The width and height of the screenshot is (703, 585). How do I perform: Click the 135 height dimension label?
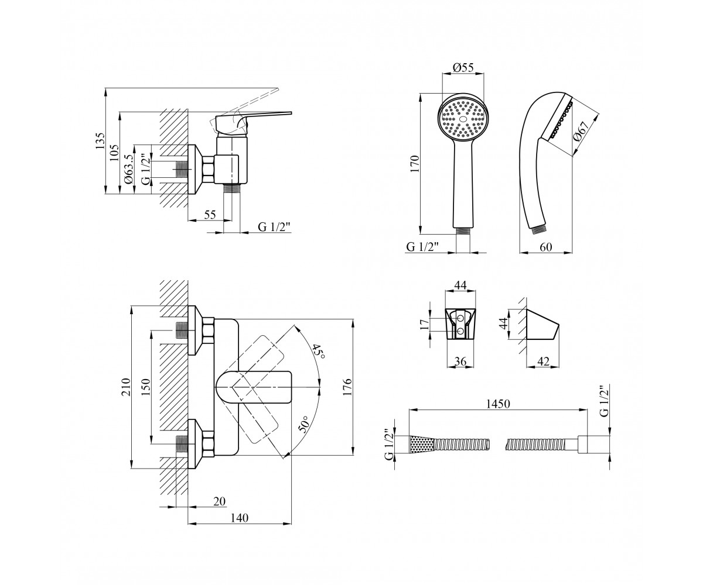(100, 141)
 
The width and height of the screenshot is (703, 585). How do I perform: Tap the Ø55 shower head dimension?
(463, 68)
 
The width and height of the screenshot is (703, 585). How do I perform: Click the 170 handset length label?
(415, 164)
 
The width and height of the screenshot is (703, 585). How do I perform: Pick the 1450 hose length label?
(499, 404)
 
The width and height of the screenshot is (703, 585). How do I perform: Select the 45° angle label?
(318, 352)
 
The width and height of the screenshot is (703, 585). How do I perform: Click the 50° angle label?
(303, 424)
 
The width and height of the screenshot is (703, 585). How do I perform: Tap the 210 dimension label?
(125, 387)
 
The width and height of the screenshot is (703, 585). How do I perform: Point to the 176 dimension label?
(347, 387)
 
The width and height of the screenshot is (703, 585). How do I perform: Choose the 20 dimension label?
(219, 501)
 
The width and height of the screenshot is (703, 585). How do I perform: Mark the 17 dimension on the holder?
(425, 324)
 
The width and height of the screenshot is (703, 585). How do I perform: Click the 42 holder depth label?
(543, 362)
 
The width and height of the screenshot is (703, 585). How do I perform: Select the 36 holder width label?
(460, 361)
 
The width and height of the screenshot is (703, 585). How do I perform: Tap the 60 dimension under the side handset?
(546, 247)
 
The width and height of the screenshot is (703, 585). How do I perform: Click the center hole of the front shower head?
(463, 119)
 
